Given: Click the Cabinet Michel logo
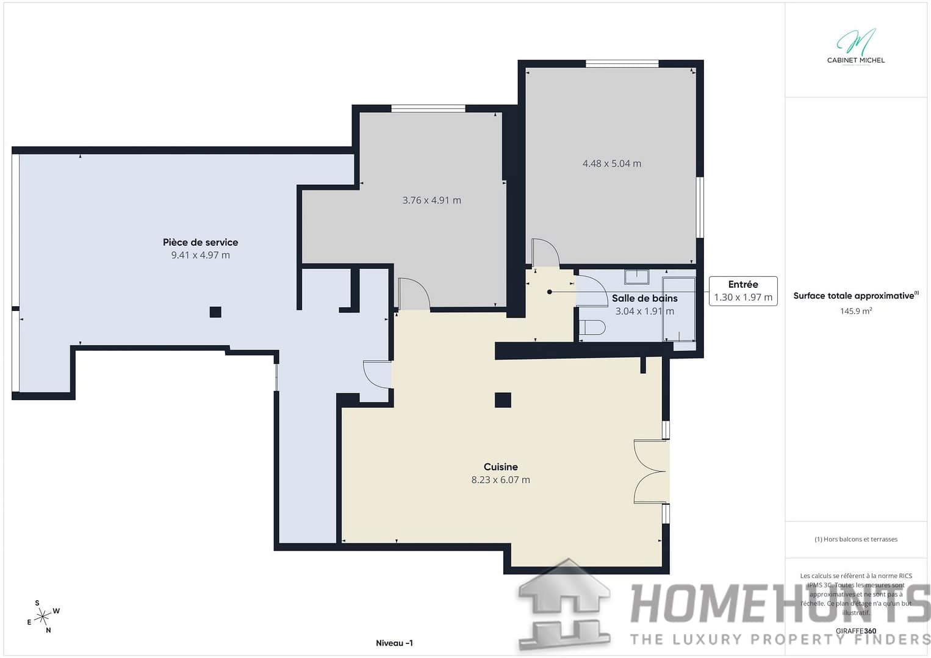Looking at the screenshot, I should click(855, 46).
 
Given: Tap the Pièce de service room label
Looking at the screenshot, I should click(200, 242).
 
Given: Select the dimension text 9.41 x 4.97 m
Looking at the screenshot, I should click(200, 255).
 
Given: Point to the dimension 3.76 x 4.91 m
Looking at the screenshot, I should click(431, 200).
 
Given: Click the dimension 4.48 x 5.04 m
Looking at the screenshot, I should click(611, 163).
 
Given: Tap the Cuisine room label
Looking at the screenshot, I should click(500, 467).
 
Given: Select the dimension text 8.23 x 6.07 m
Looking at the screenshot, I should click(500, 480).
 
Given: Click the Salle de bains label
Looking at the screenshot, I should click(644, 298).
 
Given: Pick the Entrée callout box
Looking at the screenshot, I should click(742, 291).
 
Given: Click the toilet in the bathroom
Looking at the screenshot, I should click(592, 327).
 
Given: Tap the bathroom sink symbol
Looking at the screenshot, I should click(636, 277).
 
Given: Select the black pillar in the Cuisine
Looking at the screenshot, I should click(503, 400).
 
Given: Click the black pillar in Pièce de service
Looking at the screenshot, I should click(215, 312).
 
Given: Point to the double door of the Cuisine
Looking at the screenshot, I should click(651, 471).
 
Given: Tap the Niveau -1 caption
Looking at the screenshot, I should click(394, 643).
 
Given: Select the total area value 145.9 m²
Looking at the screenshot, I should click(855, 311).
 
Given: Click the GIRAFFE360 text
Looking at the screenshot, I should click(855, 631).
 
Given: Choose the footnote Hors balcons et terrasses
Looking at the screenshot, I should click(855, 539).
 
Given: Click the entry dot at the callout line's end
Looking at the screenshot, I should click(549, 292).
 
